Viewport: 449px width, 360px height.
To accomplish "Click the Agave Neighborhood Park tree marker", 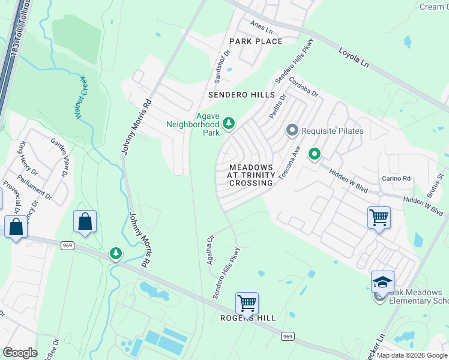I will [x=228, y=124].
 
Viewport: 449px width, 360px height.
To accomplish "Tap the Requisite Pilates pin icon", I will [x=292, y=130].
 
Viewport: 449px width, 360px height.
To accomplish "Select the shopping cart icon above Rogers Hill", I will [x=247, y=303].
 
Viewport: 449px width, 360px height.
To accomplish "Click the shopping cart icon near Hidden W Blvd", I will [x=379, y=217].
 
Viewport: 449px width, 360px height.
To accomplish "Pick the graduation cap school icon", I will [x=382, y=281].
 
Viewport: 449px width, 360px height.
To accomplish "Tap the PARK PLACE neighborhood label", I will [x=256, y=41].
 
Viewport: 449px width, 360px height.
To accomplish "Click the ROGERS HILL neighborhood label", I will [x=247, y=317].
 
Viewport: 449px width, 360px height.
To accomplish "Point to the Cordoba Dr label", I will [x=303, y=86].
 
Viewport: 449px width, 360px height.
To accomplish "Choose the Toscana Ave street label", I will [x=288, y=158].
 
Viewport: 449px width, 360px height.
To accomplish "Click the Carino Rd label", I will [x=396, y=178].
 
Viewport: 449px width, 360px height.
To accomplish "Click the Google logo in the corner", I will [x=20, y=352].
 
